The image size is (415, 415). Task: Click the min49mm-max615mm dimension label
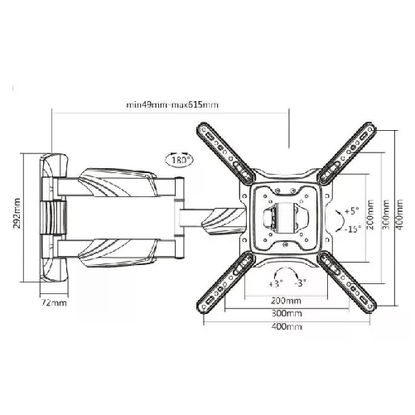pos(172,105)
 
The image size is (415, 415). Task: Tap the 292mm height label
pos(17,213)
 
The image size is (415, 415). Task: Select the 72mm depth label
pos(54,303)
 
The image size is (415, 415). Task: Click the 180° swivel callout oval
pos(179,160)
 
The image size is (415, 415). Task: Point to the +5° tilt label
pos(352,211)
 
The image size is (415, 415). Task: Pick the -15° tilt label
pos(352,229)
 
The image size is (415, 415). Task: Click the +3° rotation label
pos(276,283)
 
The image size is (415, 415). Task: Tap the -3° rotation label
pos(301,283)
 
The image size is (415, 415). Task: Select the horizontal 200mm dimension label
pos(286,301)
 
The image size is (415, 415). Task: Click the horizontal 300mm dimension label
pos(287,313)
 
